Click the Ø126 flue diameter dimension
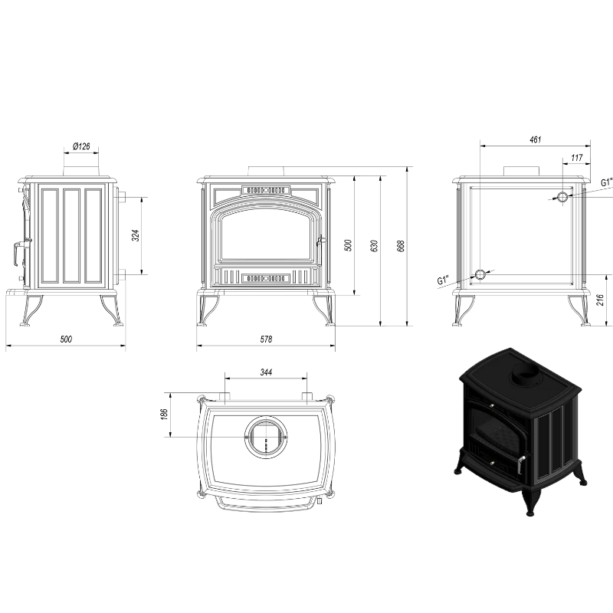click(x=81, y=146)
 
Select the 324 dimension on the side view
click(x=135, y=235)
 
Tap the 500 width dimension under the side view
click(x=66, y=339)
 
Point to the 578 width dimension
click(x=266, y=339)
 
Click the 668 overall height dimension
click(x=400, y=245)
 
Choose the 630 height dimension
click(x=374, y=245)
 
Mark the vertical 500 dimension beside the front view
click(x=349, y=245)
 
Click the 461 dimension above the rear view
click(x=535, y=139)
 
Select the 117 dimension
click(x=577, y=158)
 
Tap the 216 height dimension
click(x=601, y=300)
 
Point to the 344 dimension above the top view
click(x=266, y=372)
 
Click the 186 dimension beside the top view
click(x=164, y=415)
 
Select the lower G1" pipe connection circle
click(x=480, y=275)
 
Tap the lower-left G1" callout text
click(x=443, y=280)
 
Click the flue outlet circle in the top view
click(x=266, y=437)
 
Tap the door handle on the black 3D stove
click(x=521, y=464)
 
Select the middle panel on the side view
click(x=71, y=236)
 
